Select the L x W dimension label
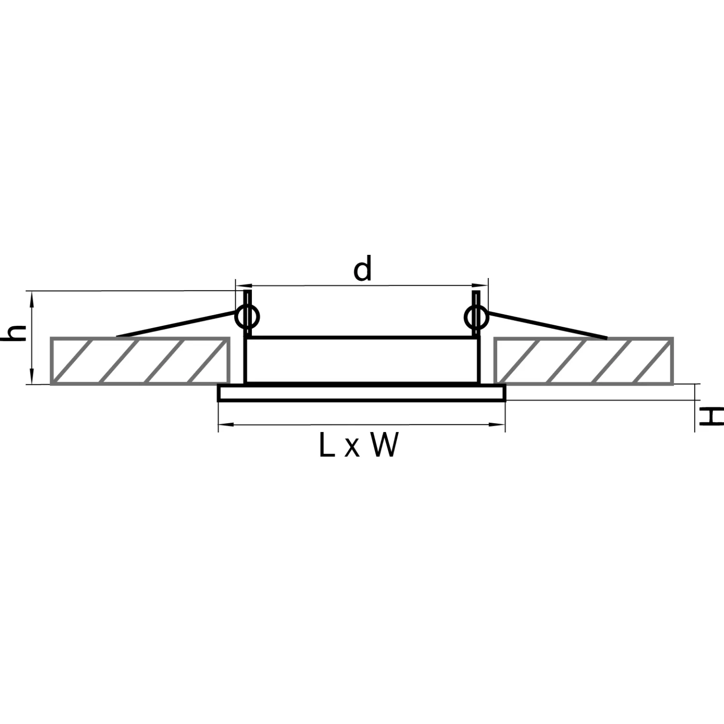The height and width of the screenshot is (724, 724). pos(359,445)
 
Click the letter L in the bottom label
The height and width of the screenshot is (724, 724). pos(327,445)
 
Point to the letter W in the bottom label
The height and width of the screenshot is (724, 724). pos(385,445)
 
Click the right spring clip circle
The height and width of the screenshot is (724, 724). pos(476,317)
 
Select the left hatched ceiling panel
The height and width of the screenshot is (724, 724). pos(140,361)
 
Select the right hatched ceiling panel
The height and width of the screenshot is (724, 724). pos(584,361)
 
